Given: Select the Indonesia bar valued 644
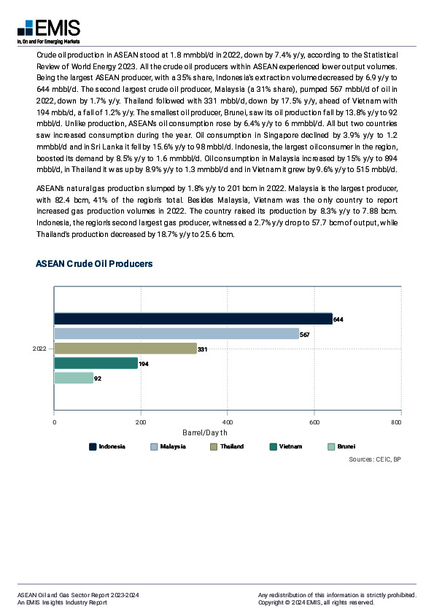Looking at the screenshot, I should click(x=193, y=319).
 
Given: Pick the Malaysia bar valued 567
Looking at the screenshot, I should click(x=177, y=333).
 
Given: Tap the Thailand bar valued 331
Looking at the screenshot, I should click(x=125, y=349).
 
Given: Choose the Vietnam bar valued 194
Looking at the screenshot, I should click(x=96, y=363).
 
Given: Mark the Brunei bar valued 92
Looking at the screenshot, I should click(x=74, y=378).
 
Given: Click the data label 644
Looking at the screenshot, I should click(x=338, y=319).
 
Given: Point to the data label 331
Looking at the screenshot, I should click(x=203, y=349).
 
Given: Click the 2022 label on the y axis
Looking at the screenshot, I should click(x=39, y=349).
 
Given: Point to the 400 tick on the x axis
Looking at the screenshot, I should click(x=228, y=422).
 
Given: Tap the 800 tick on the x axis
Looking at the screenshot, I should click(x=397, y=422).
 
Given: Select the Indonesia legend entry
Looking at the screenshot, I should click(x=106, y=446).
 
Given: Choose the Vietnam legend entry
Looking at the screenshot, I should click(x=285, y=446).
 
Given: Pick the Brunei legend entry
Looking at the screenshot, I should click(x=343, y=446).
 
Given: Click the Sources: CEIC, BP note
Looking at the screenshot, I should click(x=374, y=459).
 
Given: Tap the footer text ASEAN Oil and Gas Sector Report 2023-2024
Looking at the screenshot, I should click(x=77, y=596).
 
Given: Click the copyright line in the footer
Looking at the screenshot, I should click(x=316, y=603).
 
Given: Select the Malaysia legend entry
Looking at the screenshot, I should click(x=167, y=446).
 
